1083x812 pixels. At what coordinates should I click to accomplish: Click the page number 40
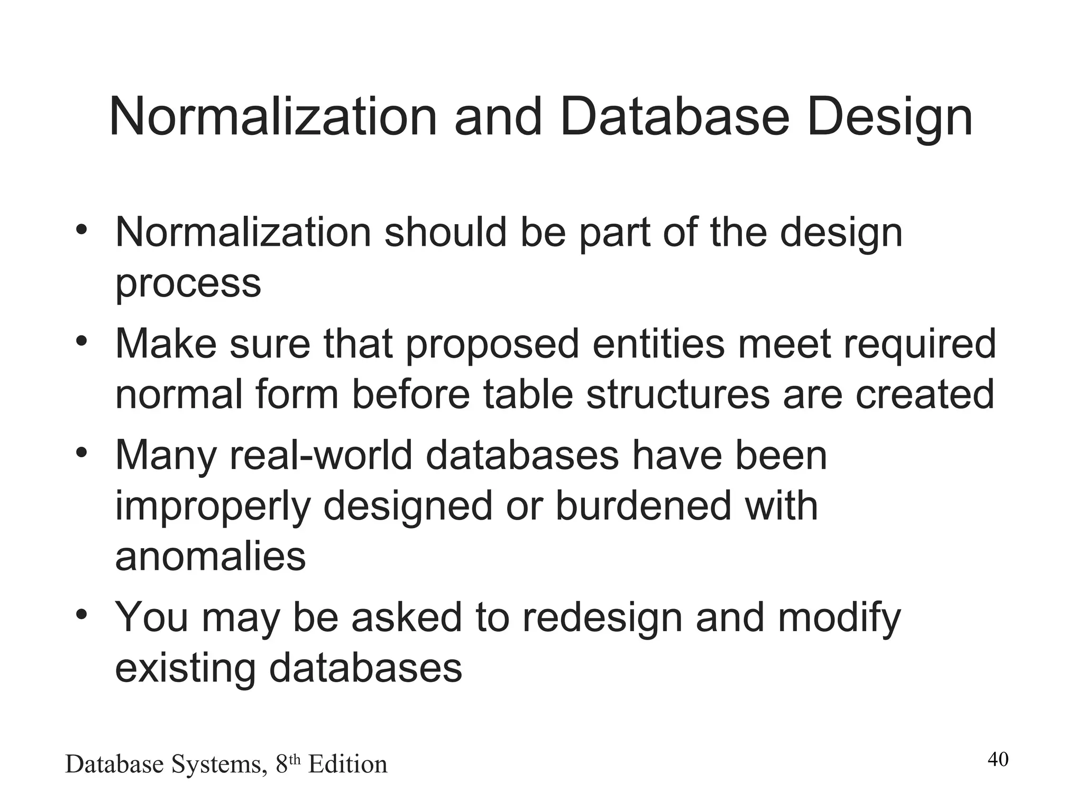point(998,760)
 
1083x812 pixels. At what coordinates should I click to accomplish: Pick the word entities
point(658,344)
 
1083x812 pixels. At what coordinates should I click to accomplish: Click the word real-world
point(320,455)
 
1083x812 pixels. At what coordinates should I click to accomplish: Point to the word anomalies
point(210,557)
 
